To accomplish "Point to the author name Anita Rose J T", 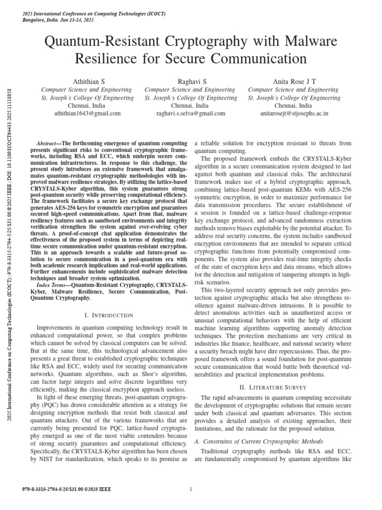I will [x=294, y=81].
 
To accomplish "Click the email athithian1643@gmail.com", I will [x=87, y=114].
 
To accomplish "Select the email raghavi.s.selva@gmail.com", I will [x=191, y=114].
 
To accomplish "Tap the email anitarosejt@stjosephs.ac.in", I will [x=294, y=114].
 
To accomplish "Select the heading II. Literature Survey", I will [x=273, y=387].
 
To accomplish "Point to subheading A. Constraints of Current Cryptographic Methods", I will [x=258, y=441].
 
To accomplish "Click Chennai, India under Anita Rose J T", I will [x=294, y=106].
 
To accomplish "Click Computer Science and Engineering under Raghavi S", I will [x=191, y=90].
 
